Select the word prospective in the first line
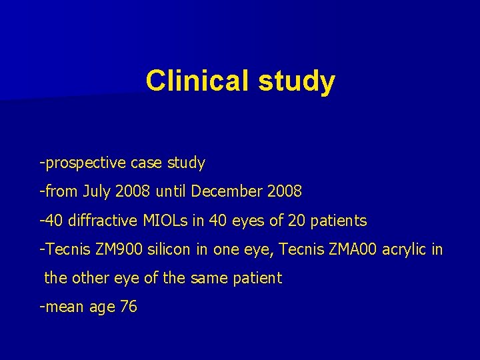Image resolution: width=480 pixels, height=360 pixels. click(85, 163)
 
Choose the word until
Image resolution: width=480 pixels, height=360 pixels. click(171, 191)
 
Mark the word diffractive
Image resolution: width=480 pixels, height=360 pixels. click(99, 220)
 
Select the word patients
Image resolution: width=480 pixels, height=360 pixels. click(337, 220)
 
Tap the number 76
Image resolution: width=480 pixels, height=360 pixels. click(128, 307)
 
